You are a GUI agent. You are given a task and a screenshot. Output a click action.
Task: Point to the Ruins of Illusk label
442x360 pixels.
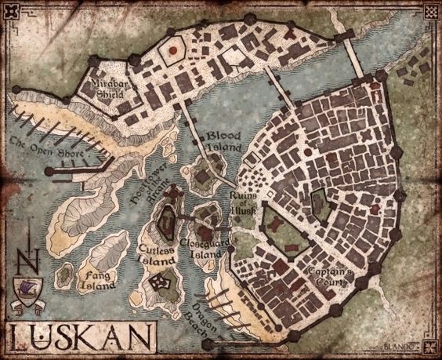click(x=242, y=201)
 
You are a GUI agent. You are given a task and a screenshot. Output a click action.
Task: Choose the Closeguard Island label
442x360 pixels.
click(x=203, y=249)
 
